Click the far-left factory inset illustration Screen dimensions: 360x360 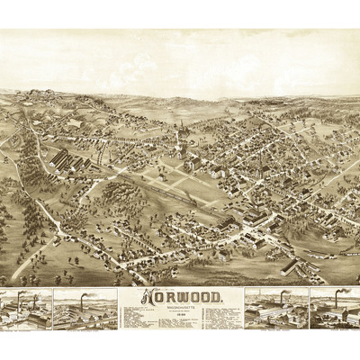pyautogui.click(x=25, y=310)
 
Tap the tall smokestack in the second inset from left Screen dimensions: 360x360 pyautogui.click(x=84, y=300)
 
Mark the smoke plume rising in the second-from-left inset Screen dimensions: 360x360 pyautogui.click(x=90, y=293)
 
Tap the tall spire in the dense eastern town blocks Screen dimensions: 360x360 pyautogui.click(x=262, y=162)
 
